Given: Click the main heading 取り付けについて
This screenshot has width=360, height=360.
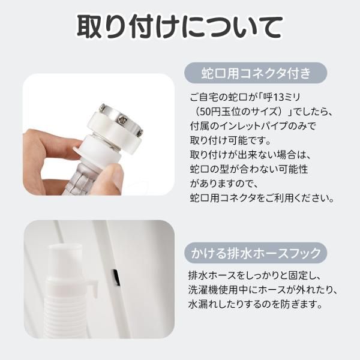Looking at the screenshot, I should (x=179, y=27).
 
